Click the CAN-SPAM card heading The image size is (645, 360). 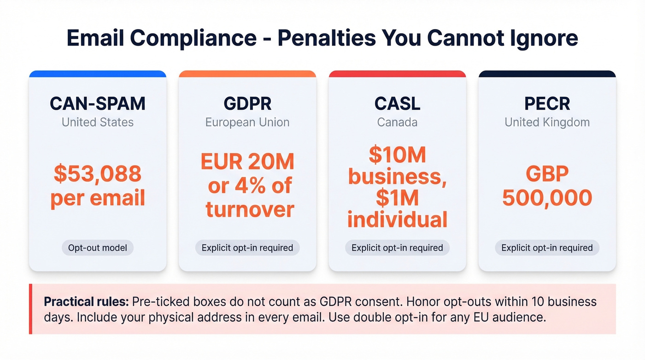coord(98,104)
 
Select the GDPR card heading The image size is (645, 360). coord(247,104)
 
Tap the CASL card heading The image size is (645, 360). coord(397,104)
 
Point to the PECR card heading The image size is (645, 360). coord(547,104)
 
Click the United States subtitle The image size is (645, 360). coord(98,123)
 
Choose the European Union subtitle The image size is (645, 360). coord(247,123)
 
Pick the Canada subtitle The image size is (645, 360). coord(397,123)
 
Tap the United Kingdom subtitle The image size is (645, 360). coord(547,123)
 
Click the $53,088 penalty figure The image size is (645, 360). coord(98,174)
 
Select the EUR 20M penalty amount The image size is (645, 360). coord(247,162)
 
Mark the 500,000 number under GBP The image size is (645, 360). coord(547,198)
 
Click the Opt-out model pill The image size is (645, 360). coord(98,248)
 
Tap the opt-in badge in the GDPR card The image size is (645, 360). coord(247,248)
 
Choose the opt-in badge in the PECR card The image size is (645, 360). coord(547,248)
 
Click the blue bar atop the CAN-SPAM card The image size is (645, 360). coord(98,74)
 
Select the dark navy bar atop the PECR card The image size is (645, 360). coord(547,74)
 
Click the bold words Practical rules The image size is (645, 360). coord(86,302)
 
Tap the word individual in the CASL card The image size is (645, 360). coord(397,219)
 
